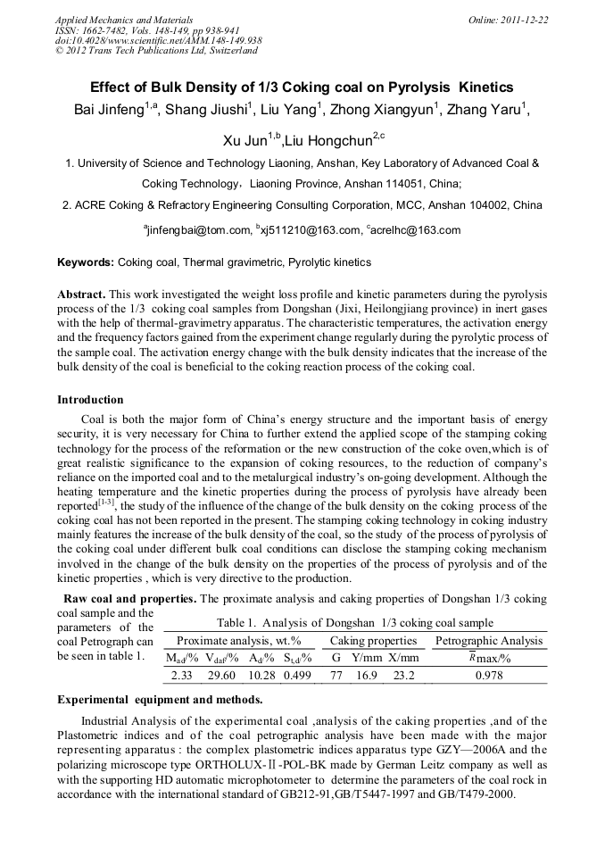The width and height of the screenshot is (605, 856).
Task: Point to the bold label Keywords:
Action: pos(86,262)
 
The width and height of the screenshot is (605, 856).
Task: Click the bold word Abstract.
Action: pos(81,294)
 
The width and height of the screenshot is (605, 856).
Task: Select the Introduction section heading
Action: pos(90,399)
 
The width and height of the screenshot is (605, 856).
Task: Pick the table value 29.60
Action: pos(220,675)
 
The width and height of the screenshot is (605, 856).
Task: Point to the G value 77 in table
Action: pos(336,675)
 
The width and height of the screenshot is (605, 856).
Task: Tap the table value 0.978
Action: pos(488,675)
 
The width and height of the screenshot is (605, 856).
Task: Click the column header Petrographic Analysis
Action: pos(488,641)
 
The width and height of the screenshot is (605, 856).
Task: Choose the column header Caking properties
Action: pos(373,641)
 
